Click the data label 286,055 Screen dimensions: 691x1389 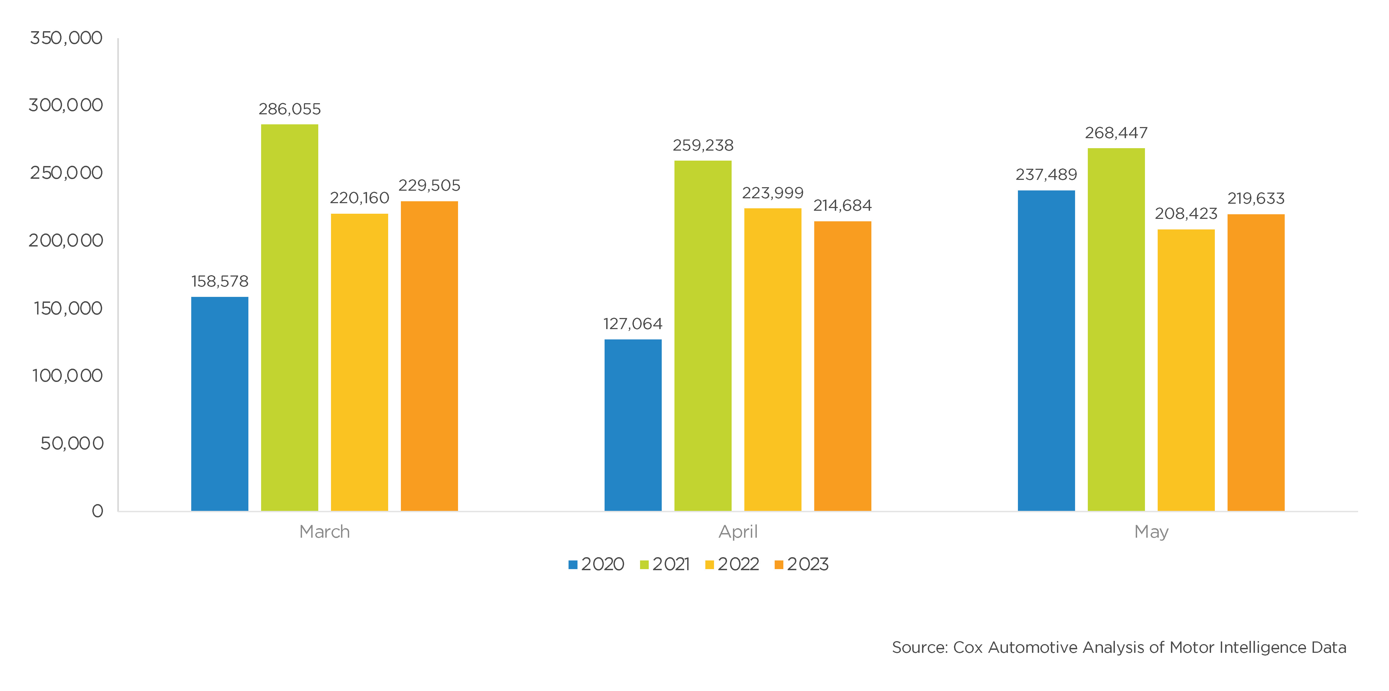point(290,109)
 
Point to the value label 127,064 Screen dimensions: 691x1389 point(632,324)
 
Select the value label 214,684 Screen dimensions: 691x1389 point(842,206)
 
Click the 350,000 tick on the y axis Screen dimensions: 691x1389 point(66,38)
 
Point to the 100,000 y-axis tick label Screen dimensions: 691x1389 point(67,375)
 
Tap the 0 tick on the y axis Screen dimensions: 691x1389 point(97,511)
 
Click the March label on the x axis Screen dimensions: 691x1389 point(324,532)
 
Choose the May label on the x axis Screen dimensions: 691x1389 point(1151,532)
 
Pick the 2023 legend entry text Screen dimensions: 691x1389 point(807,564)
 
